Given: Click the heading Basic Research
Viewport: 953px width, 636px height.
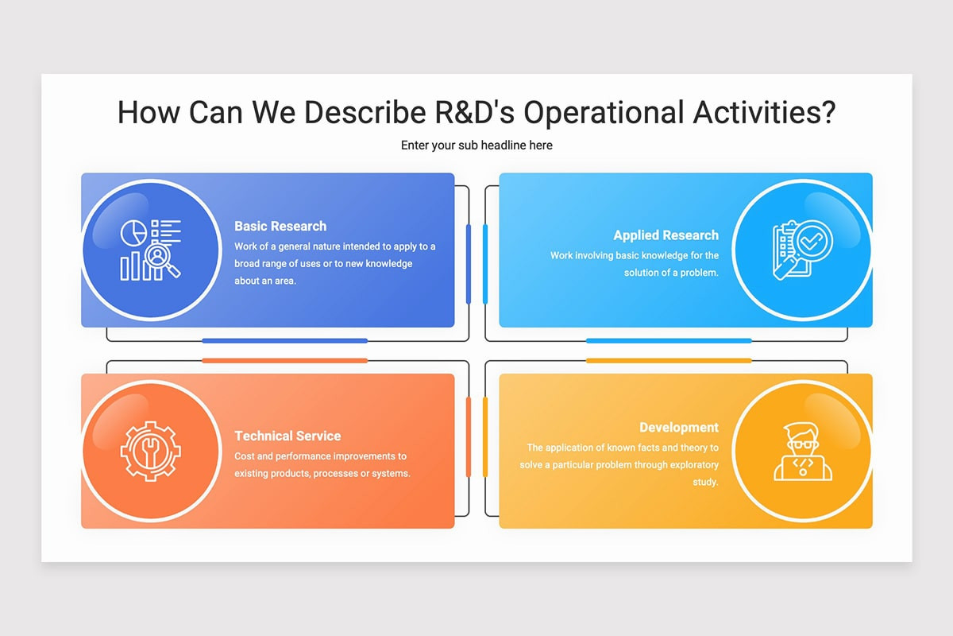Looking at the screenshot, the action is pyautogui.click(x=280, y=227).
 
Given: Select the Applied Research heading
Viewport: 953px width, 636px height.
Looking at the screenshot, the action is pyautogui.click(x=666, y=235).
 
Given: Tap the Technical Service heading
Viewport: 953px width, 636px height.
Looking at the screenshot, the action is pyautogui.click(x=287, y=436).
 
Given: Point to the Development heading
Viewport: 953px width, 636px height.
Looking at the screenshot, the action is pyautogui.click(x=679, y=427).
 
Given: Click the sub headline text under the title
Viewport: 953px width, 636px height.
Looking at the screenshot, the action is pyautogui.click(x=476, y=145).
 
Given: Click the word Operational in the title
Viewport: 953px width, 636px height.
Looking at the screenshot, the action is pyautogui.click(x=604, y=113).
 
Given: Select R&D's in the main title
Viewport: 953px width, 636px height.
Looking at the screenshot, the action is pyautogui.click(x=474, y=112).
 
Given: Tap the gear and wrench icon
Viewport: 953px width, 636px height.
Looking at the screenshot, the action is pyautogui.click(x=151, y=451).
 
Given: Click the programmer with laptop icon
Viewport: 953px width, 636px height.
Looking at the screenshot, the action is pyautogui.click(x=803, y=452).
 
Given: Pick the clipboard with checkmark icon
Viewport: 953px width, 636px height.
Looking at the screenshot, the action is pyautogui.click(x=802, y=250).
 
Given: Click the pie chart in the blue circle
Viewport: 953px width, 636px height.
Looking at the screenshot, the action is pyautogui.click(x=133, y=233).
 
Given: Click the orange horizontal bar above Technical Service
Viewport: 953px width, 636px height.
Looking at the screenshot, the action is pyautogui.click(x=284, y=361).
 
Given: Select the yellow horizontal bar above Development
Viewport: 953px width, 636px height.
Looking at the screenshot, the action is pyautogui.click(x=669, y=361).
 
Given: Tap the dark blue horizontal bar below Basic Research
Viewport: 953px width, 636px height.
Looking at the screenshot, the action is pyautogui.click(x=284, y=341).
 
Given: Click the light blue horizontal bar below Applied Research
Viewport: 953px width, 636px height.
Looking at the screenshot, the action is pyautogui.click(x=669, y=341).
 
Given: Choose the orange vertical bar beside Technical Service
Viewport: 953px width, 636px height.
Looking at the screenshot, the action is pyautogui.click(x=469, y=437).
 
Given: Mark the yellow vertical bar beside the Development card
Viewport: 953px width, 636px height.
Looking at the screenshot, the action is pyautogui.click(x=485, y=437).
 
